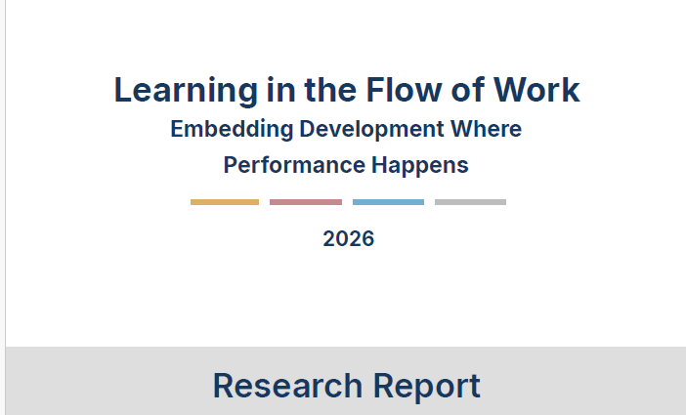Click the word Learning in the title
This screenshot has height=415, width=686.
(x=186, y=92)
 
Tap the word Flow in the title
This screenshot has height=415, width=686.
(x=404, y=90)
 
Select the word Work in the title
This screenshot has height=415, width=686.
(x=536, y=90)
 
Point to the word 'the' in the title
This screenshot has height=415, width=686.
(x=330, y=90)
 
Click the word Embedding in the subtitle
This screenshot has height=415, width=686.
(x=232, y=130)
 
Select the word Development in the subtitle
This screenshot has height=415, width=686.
(x=371, y=130)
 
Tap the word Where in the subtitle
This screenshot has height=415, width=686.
(x=486, y=129)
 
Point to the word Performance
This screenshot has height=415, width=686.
(x=294, y=165)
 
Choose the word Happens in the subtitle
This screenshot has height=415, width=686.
(x=420, y=167)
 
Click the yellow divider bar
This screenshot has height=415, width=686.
(x=225, y=202)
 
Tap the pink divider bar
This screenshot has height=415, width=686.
(x=306, y=202)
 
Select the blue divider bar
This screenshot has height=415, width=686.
(x=388, y=202)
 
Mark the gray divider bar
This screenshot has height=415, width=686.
(x=470, y=202)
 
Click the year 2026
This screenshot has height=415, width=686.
(x=349, y=239)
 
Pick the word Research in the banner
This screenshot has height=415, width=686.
(x=287, y=386)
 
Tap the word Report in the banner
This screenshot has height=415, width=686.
(x=427, y=387)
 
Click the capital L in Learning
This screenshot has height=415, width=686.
(x=123, y=90)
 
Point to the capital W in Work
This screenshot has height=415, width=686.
(x=512, y=90)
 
